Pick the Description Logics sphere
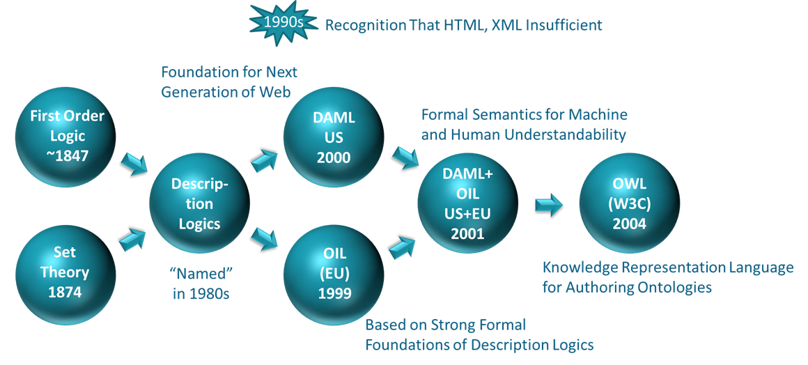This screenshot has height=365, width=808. (x=199, y=203)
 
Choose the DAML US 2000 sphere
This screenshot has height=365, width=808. (x=334, y=138)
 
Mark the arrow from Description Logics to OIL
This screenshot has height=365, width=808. (x=265, y=239)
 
